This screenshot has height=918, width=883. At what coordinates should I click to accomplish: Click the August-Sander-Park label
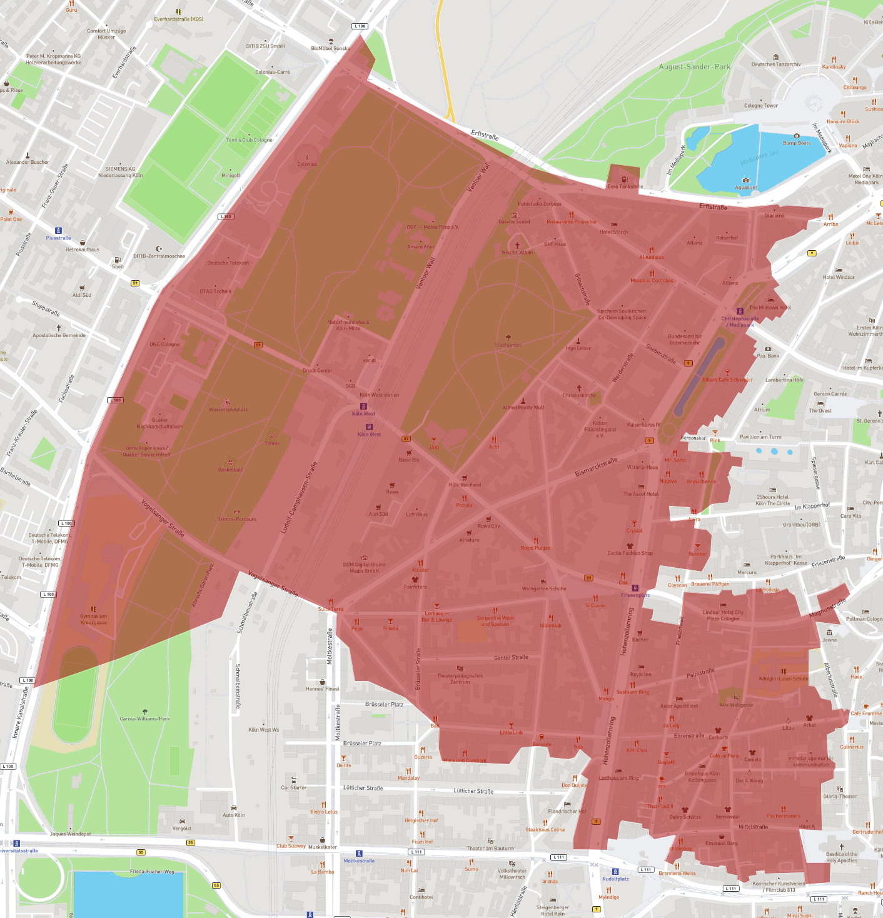(x=694, y=67)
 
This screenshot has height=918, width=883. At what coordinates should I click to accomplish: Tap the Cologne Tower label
(x=760, y=106)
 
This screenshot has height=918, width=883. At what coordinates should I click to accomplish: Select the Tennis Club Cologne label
(x=249, y=140)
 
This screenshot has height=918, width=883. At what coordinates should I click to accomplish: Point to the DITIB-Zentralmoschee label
(x=159, y=256)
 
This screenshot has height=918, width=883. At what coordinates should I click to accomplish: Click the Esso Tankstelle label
(x=625, y=186)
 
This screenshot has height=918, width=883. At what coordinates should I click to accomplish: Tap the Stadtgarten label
(x=508, y=345)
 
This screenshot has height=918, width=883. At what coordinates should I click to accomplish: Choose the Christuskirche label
(x=579, y=395)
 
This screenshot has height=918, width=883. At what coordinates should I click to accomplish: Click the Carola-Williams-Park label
(x=144, y=719)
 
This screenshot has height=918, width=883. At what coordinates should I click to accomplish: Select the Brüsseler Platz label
(x=384, y=704)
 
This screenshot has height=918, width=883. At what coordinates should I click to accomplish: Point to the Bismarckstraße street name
(x=596, y=467)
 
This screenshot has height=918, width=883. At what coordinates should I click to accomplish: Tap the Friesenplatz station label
(x=635, y=595)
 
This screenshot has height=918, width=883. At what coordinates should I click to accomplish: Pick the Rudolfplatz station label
(x=615, y=879)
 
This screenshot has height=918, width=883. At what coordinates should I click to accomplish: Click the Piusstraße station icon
(x=58, y=231)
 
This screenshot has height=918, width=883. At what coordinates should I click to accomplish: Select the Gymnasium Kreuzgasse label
(x=93, y=619)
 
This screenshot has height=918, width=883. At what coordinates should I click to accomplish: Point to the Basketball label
(x=230, y=470)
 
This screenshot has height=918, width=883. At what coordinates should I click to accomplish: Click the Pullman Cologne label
(x=864, y=619)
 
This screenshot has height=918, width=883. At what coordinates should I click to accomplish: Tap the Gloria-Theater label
(x=840, y=796)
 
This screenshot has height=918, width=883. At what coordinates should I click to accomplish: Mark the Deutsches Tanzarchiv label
(x=775, y=64)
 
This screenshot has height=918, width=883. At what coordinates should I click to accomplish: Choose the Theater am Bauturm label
(x=490, y=849)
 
